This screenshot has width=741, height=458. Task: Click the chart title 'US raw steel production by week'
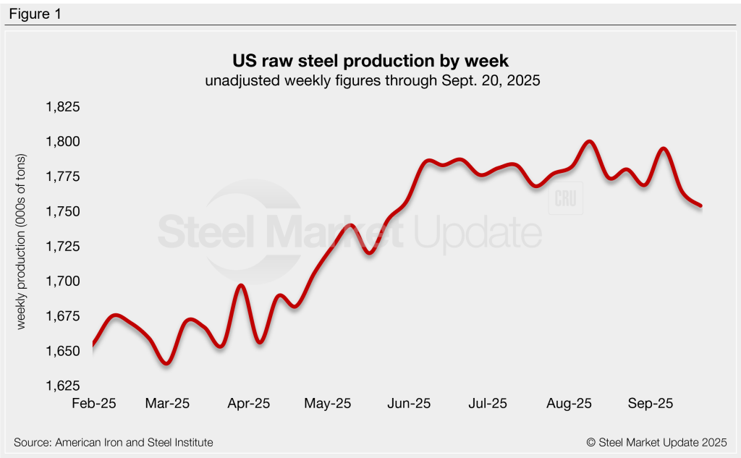tap(370, 59)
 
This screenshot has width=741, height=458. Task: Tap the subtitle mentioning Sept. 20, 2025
tap(370, 81)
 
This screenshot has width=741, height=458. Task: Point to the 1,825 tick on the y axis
tap(63, 108)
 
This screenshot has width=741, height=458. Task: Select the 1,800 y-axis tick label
tap(63, 143)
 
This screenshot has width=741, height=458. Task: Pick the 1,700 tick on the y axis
tap(63, 281)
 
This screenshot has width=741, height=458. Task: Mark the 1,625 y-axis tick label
tap(63, 386)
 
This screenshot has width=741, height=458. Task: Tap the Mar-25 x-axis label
tap(167, 403)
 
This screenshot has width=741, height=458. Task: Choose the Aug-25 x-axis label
tap(569, 403)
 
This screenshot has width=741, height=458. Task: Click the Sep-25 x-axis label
tap(649, 403)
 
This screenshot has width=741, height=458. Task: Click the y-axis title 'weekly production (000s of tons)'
tap(21, 242)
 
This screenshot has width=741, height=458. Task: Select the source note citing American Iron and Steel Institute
tap(114, 442)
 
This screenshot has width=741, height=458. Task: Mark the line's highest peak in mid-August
tap(589, 142)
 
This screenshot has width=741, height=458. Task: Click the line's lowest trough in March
tap(166, 363)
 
